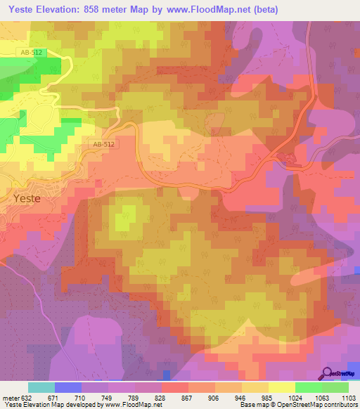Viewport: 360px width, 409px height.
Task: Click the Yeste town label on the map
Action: coord(27,198)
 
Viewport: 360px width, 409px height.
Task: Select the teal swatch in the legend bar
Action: coord(41,387)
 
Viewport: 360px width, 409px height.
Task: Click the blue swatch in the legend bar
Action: coord(68,387)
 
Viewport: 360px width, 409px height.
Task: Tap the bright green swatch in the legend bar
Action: coord(308,387)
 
